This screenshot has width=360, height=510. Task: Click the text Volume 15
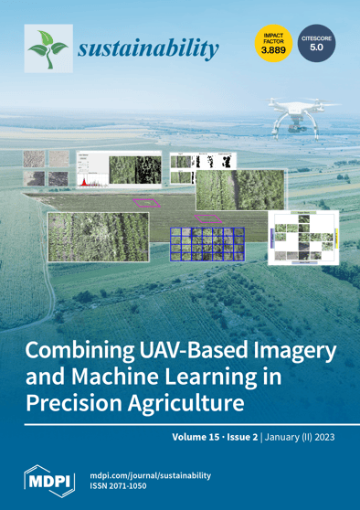(x=196, y=436)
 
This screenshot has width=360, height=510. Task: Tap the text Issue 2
(x=245, y=436)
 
